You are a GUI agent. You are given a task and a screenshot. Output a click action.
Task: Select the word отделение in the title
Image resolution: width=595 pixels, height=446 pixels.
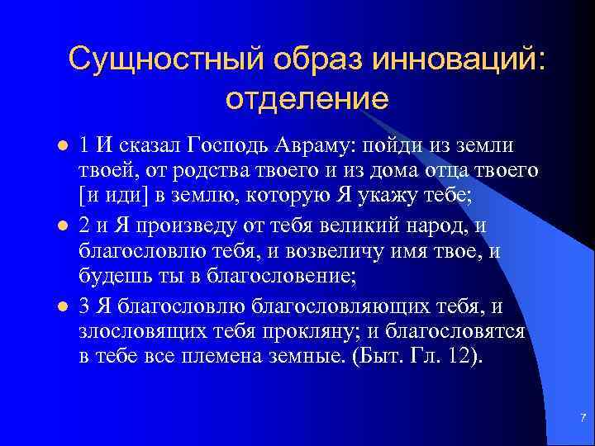[x=306, y=99]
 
